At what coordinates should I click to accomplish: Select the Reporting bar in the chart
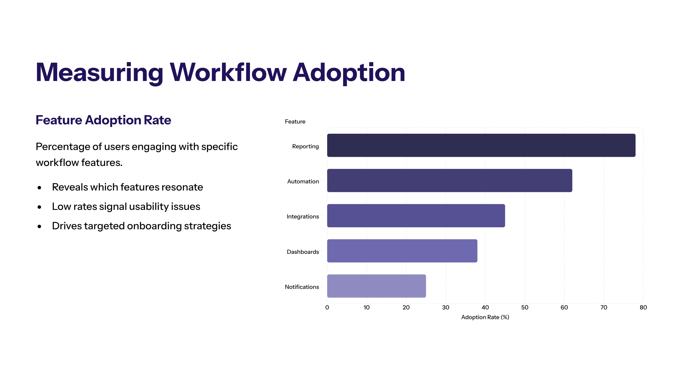click(481, 145)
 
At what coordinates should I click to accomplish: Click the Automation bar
click(449, 181)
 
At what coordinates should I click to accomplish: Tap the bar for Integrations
click(416, 216)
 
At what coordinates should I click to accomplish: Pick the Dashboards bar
click(402, 251)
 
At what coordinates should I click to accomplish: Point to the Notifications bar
click(376, 286)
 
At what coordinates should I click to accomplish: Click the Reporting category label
click(306, 147)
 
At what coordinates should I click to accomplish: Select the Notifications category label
click(302, 287)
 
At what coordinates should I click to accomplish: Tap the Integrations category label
click(303, 217)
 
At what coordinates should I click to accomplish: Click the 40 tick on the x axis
click(485, 307)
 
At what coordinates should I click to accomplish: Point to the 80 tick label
click(643, 307)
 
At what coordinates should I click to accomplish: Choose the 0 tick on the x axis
click(327, 307)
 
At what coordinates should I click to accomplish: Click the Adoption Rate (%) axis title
click(485, 317)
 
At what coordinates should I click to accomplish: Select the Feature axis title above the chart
click(295, 121)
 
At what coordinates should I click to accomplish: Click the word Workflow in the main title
click(229, 72)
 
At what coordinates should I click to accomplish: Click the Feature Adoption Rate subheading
click(103, 120)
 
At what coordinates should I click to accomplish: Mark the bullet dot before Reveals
click(39, 188)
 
